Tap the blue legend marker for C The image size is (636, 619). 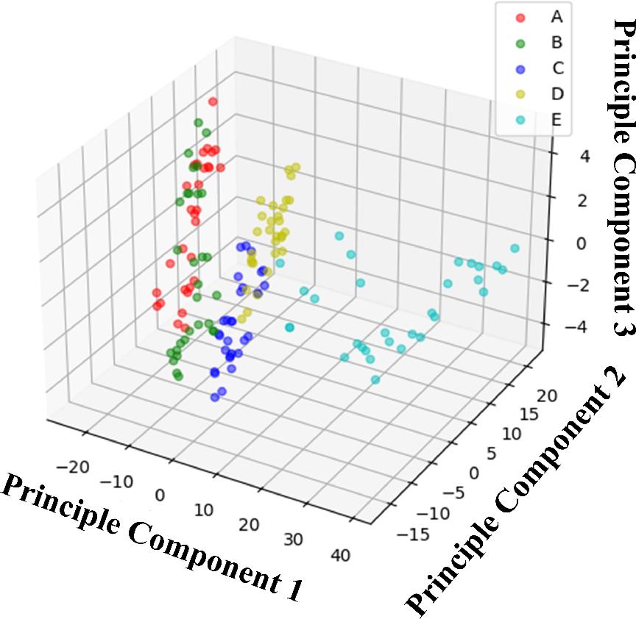[x=520, y=68]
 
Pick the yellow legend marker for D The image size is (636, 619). [x=520, y=93]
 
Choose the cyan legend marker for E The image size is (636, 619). [x=520, y=118]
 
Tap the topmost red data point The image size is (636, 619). [x=213, y=101]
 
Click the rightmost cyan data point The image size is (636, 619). [x=515, y=248]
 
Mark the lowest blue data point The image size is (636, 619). [x=215, y=397]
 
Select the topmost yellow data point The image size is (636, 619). [x=296, y=168]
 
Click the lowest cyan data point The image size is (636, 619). [x=375, y=379]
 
